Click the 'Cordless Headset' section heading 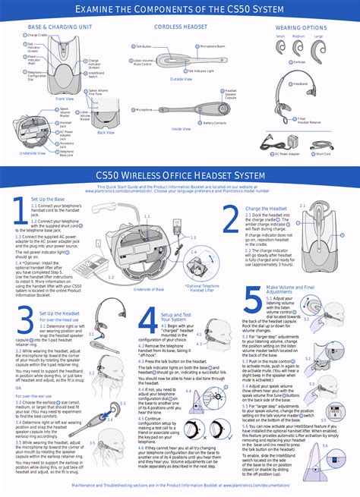coord(180,27)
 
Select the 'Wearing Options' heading coord(301,27)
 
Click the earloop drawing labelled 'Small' coord(280,47)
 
